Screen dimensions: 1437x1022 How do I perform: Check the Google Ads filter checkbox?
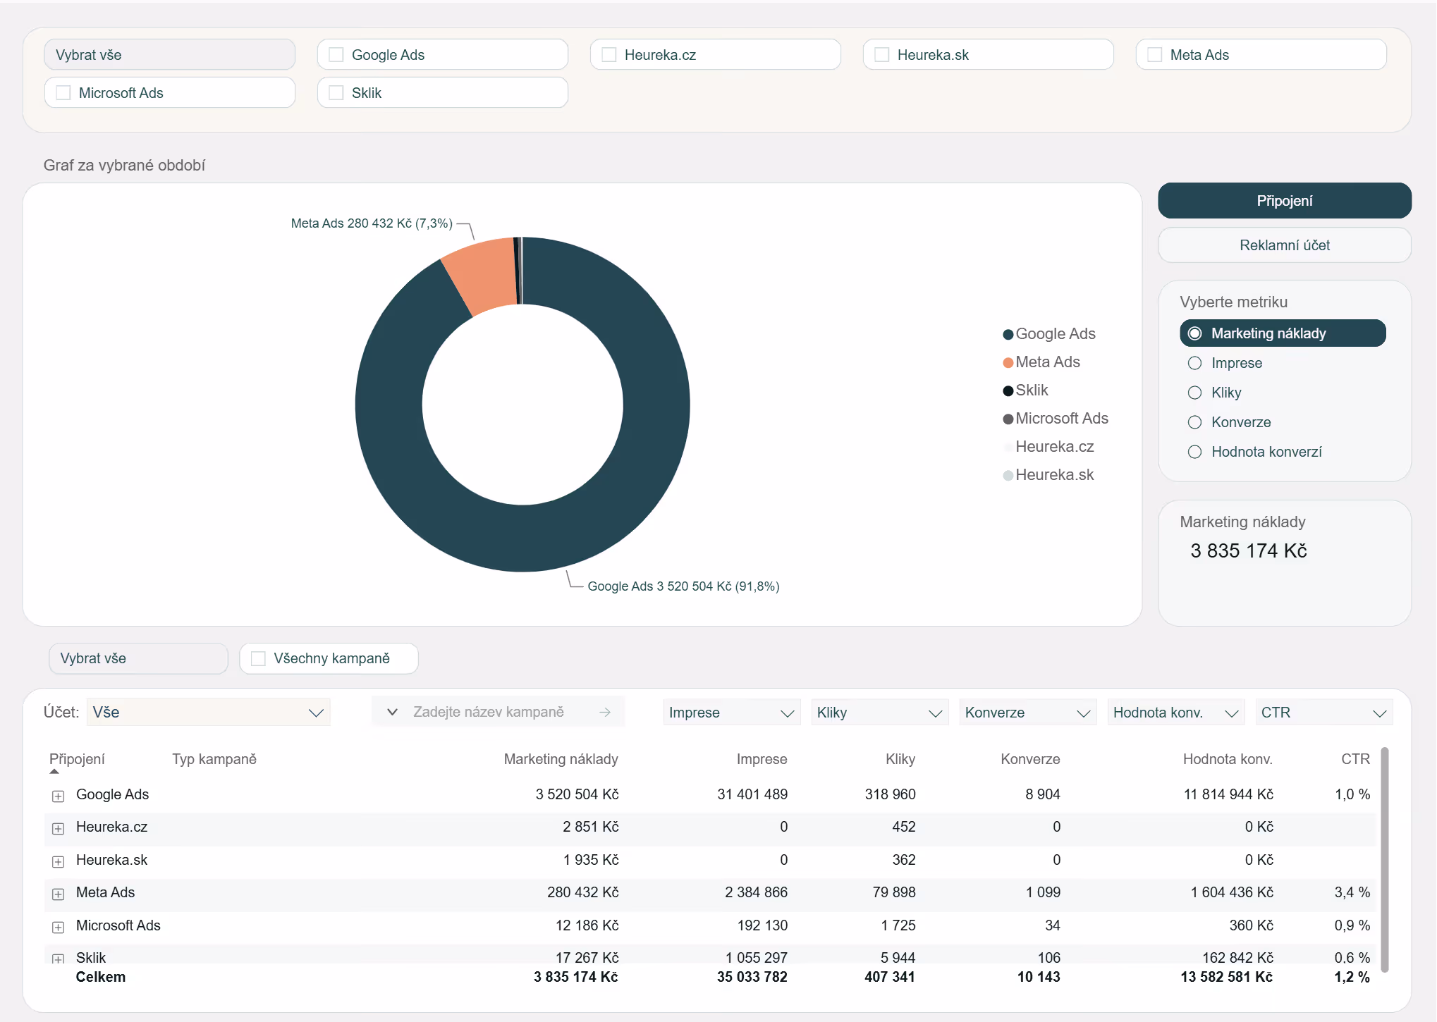tap(336, 55)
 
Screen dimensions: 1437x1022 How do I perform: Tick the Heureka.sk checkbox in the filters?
tap(881, 55)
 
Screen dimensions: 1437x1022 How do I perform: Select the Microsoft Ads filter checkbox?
tap(63, 93)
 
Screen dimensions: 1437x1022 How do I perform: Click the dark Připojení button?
tap(1284, 201)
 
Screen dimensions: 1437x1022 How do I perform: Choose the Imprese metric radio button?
tap(1194, 363)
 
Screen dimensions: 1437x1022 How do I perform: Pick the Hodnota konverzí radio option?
tap(1194, 452)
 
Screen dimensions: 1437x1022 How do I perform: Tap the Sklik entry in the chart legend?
tap(1026, 390)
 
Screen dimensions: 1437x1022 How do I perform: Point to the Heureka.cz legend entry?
tap(1048, 447)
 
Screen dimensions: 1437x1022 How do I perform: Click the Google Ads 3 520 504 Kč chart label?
tap(683, 586)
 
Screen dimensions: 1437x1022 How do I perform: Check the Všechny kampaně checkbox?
tap(258, 658)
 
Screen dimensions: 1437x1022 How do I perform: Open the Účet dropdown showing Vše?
tap(208, 713)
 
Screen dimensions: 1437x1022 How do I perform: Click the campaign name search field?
tap(498, 712)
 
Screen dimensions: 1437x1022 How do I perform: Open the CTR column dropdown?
tap(1323, 713)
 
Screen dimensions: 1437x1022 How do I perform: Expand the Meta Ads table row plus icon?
tap(59, 894)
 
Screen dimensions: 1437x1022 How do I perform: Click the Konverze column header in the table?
tap(1030, 759)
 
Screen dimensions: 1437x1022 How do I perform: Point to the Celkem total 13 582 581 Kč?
tap(1227, 977)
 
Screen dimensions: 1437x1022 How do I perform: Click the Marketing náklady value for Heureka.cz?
tap(590, 827)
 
